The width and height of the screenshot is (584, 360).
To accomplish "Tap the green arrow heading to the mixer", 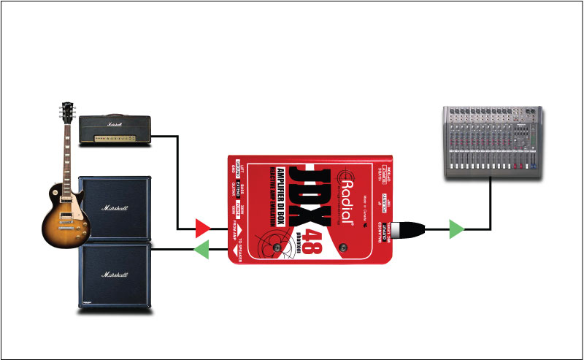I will point(456,229).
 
